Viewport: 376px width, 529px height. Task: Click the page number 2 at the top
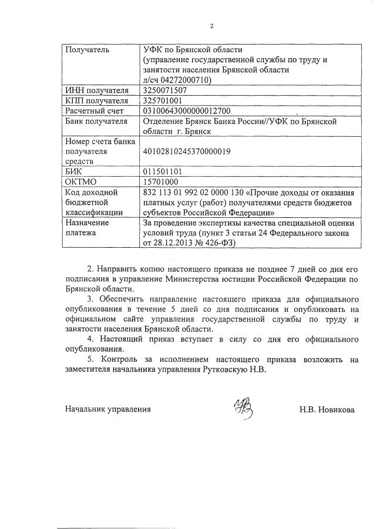(x=212, y=26)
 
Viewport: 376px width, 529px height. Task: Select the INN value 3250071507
(x=165, y=90)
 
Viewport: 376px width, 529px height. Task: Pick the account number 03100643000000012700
(x=187, y=110)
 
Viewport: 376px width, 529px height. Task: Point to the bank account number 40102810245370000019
(x=187, y=151)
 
